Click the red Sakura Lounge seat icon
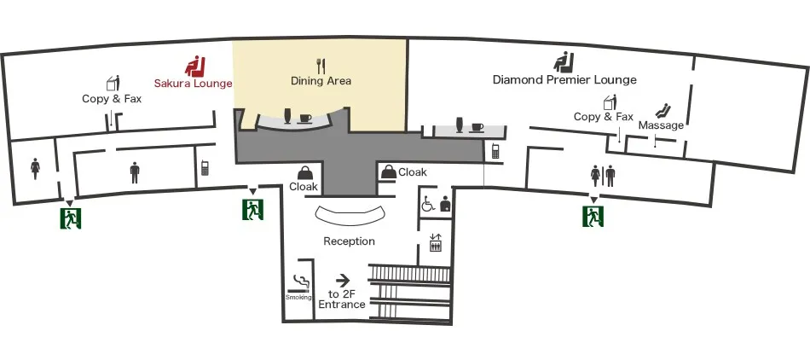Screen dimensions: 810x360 point(195,67)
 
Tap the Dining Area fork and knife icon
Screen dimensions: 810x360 point(321,66)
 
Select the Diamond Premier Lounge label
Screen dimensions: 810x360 point(564,79)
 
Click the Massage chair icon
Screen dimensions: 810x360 point(662,111)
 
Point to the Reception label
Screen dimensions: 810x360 point(350,241)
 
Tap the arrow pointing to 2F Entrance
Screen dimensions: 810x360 point(343,281)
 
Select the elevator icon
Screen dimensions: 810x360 point(436,242)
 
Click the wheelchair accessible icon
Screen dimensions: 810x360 point(428,205)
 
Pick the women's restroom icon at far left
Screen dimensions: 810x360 point(36,168)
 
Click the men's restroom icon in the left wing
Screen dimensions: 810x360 point(135,172)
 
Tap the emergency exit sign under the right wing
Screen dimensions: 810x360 point(593,215)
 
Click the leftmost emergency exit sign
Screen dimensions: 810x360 point(71,218)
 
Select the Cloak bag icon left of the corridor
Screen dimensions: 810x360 point(304,173)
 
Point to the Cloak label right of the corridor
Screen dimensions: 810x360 point(413,172)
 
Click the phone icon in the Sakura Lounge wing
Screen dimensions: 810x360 point(205,168)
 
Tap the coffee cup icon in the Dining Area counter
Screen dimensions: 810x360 point(305,119)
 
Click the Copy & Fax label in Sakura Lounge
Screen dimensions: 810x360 point(112,98)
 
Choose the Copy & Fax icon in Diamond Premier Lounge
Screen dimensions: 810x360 point(610,102)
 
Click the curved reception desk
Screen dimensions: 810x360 point(351,216)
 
